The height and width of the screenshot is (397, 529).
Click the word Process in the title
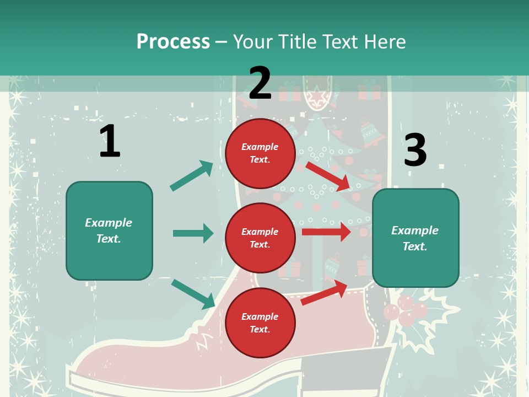173,42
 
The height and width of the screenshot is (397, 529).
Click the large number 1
109,141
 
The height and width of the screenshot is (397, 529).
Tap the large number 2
260,83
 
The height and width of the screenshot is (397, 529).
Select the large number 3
415,150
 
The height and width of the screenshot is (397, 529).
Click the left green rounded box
109,230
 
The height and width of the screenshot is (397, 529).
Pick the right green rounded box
415,238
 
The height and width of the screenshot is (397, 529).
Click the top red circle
260,153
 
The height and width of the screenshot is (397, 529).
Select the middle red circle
260,238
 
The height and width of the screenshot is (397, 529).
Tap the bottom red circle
260,323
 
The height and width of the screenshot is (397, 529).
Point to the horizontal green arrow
193,233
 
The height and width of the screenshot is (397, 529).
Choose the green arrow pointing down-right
193,294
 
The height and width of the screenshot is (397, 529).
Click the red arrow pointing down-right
328,176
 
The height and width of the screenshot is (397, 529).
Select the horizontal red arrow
326,232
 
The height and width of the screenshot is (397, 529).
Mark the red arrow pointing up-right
325,293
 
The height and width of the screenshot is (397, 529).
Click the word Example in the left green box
109,223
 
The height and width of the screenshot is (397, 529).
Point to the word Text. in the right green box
415,246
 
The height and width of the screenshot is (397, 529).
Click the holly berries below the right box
406,311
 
